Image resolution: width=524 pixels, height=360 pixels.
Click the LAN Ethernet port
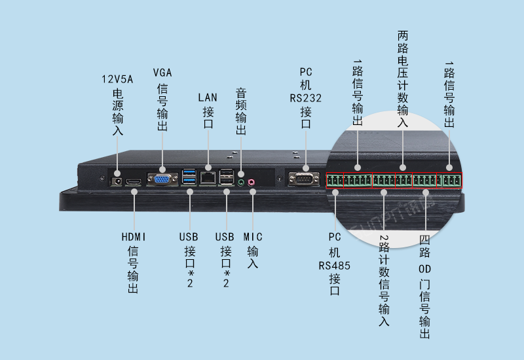pos(208,177)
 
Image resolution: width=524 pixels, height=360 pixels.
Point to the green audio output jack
pos(242,183)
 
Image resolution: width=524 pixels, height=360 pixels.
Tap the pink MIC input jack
pos(251,183)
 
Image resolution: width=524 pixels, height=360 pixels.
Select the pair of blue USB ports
pos(190,177)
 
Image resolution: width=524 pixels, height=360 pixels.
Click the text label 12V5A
pos(117,79)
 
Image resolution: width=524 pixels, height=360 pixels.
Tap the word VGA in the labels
pos(162,71)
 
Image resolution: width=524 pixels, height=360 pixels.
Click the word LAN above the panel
pos(208,98)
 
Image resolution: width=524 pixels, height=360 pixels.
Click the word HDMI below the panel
pos(134,236)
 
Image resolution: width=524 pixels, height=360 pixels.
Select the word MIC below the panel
pos(253,236)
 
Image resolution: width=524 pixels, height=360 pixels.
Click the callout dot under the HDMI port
pos(134,192)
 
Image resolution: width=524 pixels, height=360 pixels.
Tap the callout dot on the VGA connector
pos(162,171)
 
